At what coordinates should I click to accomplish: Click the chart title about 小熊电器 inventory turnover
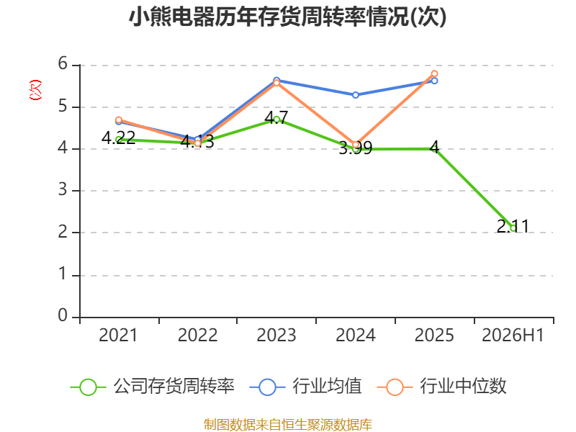point(287,17)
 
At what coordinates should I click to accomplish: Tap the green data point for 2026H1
point(513,228)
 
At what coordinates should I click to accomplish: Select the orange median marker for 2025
point(434,74)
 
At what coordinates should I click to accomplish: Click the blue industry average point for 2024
point(355,95)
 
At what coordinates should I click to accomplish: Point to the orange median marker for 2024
point(356,145)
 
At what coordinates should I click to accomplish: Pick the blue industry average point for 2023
point(276,80)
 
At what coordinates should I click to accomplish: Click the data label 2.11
point(513,226)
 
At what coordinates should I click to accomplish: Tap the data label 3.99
point(355,148)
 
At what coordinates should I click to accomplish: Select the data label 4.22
point(118,138)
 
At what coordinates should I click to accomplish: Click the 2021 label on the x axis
point(118,335)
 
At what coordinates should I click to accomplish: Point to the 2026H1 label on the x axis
point(513,335)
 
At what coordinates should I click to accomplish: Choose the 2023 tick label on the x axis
point(276,335)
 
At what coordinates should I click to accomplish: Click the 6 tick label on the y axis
point(63,63)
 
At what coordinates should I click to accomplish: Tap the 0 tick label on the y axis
point(63,315)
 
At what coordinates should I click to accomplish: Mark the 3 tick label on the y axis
point(63,189)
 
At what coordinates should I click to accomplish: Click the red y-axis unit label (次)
point(35,90)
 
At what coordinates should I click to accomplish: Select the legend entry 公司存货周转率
point(152,387)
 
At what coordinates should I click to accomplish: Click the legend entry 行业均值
point(305,387)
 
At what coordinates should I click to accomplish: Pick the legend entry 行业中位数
point(442,387)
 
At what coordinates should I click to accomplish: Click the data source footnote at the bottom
point(288,425)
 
